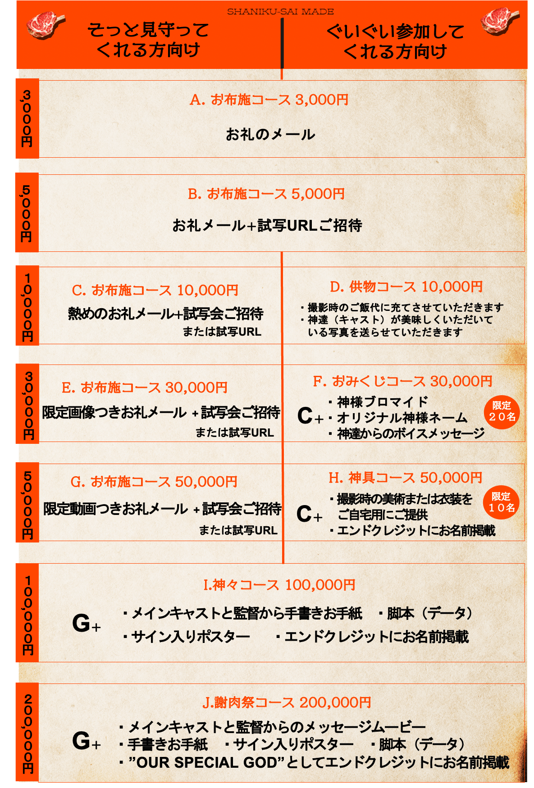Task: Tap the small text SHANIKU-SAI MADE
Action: click(x=280, y=12)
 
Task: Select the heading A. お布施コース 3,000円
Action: click(x=269, y=100)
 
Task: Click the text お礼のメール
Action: click(x=270, y=134)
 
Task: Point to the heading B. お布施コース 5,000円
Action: click(x=266, y=194)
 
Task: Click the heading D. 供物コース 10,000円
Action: click(x=406, y=287)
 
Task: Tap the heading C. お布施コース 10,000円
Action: click(x=155, y=290)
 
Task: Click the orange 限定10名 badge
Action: click(x=501, y=502)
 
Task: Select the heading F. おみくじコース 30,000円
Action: click(x=402, y=381)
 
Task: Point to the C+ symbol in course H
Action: click(x=309, y=514)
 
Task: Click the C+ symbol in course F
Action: click(x=310, y=415)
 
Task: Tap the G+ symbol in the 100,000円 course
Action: click(x=87, y=624)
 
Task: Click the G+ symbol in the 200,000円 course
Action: click(x=87, y=741)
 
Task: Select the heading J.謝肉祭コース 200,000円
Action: click(x=287, y=702)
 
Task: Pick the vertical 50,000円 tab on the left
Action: click(x=27, y=502)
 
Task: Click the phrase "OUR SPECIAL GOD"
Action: click(x=208, y=762)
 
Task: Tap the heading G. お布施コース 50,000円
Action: click(x=154, y=482)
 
